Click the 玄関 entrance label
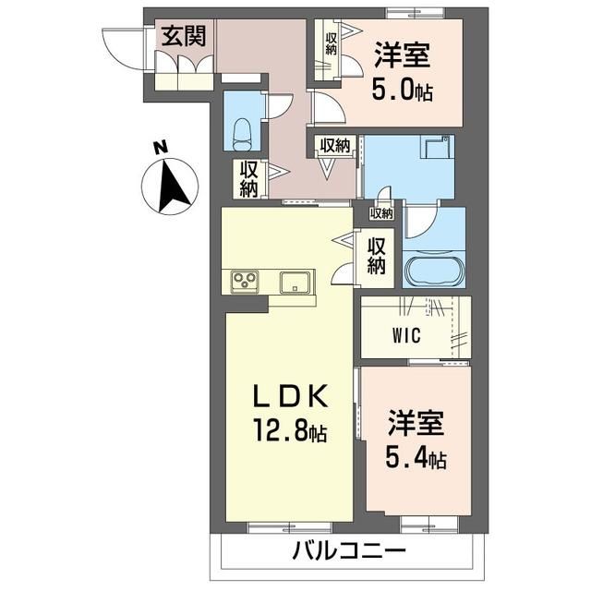[184, 36]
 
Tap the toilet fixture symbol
[242, 135]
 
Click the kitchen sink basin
[295, 283]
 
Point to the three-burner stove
[245, 281]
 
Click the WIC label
[406, 334]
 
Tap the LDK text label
[290, 396]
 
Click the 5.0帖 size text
[403, 90]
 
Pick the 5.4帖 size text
[416, 458]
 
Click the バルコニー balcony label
[349, 551]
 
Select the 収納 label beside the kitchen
[376, 257]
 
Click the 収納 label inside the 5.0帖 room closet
[331, 44]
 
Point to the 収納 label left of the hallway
[248, 179]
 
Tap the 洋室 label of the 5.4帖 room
[416, 423]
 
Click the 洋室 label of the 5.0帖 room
[403, 55]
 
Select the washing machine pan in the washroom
[437, 147]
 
